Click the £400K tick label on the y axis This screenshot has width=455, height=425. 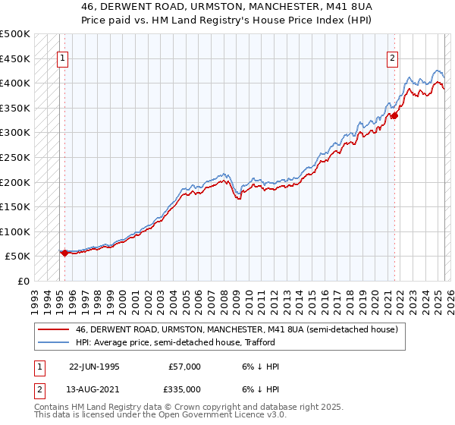click(16, 83)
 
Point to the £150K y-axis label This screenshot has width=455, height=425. click(16, 206)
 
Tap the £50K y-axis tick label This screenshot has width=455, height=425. click(19, 257)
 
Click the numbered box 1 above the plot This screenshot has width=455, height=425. click(63, 58)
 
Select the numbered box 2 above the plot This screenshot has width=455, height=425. click(393, 58)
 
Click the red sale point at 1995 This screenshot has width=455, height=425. click(65, 253)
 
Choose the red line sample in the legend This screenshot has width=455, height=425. click(54, 329)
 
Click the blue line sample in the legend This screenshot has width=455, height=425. click(54, 342)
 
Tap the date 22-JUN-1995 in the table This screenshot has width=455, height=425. click(94, 367)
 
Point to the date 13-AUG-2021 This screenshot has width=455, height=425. click(94, 389)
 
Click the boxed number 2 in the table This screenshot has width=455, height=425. click(38, 389)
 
